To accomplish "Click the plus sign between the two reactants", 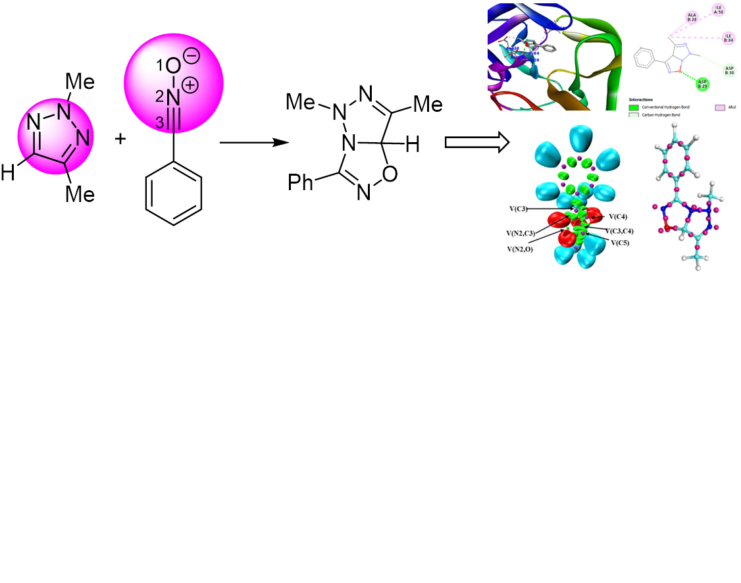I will pos(120,140).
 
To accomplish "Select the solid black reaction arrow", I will pos(245,142).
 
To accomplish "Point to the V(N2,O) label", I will pos(519,249).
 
